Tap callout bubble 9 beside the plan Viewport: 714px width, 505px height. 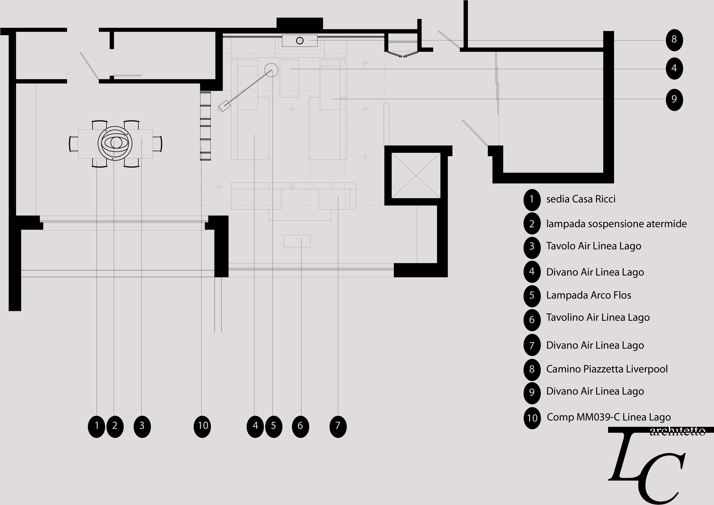click(x=674, y=99)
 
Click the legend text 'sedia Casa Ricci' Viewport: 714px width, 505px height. click(x=581, y=199)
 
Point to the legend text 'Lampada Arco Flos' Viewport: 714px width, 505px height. click(x=588, y=295)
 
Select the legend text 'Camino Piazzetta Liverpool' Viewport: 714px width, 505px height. click(x=607, y=369)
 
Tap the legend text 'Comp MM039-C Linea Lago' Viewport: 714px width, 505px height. click(x=609, y=417)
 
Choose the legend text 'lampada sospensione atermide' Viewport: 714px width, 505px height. click(x=616, y=224)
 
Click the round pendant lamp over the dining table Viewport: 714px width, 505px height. click(x=115, y=143)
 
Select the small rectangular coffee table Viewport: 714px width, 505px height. click(x=297, y=241)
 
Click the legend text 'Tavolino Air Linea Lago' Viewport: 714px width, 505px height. click(x=598, y=317)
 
